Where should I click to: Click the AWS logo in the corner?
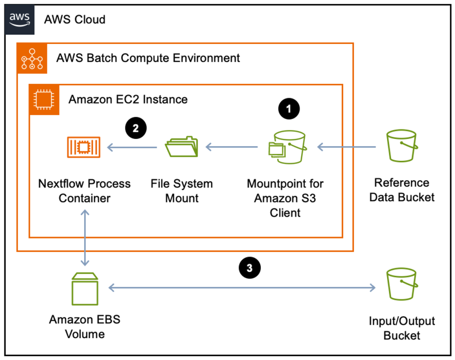[x=20, y=19]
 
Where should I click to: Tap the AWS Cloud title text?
[x=75, y=20]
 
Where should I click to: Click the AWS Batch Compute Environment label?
[x=148, y=58]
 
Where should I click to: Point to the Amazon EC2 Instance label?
[x=128, y=99]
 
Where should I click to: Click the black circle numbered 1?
[x=289, y=109]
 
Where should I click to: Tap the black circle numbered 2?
[x=136, y=128]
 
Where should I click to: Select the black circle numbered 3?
[x=249, y=268]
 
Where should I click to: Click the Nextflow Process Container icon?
[x=84, y=147]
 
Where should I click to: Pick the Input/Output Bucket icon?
[x=401, y=285]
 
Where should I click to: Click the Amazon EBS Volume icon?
[x=85, y=288]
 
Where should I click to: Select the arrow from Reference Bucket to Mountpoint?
[x=347, y=147]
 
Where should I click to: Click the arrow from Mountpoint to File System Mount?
[x=231, y=147]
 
